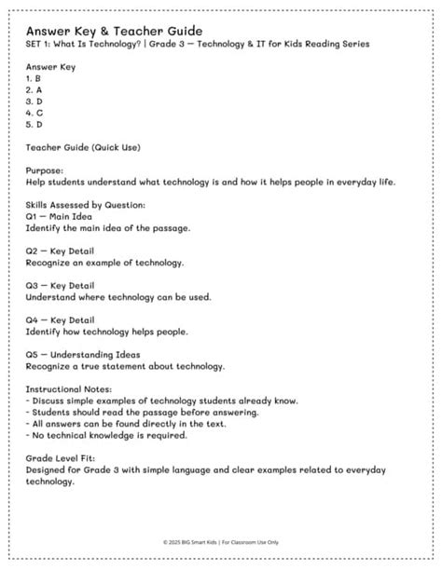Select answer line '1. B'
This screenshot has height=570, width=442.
[34, 80]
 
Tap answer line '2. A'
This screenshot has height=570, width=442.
[34, 91]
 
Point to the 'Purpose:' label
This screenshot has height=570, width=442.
[45, 171]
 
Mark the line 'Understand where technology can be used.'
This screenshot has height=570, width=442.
[117, 296]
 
